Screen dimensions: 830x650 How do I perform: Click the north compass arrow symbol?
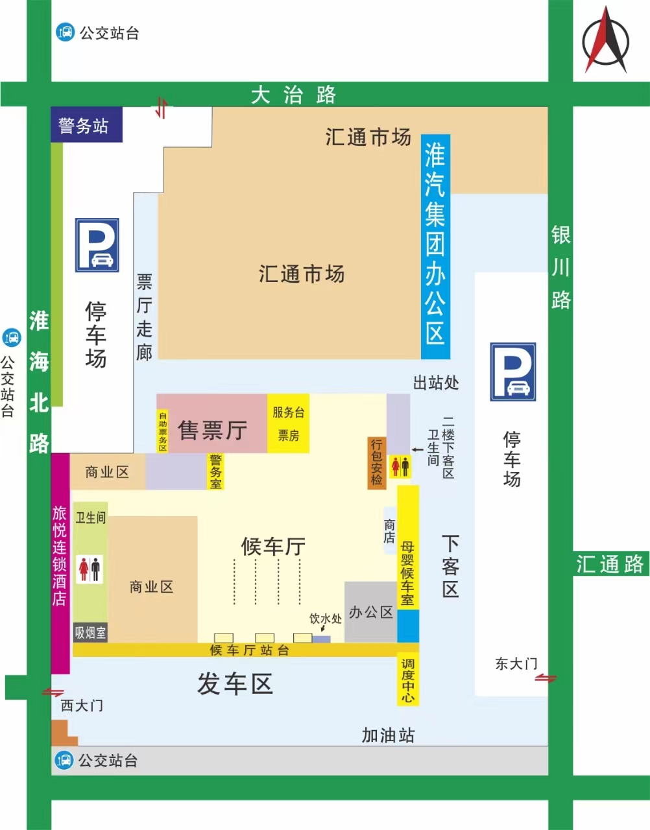(606, 40)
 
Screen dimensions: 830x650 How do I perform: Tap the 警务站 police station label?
(84, 125)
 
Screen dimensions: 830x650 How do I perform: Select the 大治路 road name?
(293, 95)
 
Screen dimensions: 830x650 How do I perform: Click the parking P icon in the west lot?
(97, 244)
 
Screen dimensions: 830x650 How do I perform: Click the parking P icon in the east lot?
(512, 372)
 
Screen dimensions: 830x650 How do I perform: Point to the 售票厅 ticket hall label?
(212, 430)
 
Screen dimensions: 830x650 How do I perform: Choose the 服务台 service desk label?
(288, 412)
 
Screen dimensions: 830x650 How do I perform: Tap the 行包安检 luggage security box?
(377, 462)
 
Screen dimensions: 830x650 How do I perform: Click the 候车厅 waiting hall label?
(273, 546)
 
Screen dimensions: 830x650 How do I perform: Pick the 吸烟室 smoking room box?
(90, 632)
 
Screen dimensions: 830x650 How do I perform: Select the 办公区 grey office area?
(371, 612)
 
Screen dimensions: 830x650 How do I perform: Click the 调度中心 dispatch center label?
(408, 680)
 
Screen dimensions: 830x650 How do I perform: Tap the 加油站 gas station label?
(388, 735)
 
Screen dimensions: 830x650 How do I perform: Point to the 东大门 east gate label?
(516, 663)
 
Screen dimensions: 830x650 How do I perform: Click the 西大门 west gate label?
(82, 705)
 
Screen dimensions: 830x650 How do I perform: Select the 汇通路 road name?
(610, 563)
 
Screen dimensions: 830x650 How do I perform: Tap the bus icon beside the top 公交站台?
(66, 32)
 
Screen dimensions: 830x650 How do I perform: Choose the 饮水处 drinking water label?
(325, 619)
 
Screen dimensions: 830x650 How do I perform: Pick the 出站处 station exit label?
(436, 383)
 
